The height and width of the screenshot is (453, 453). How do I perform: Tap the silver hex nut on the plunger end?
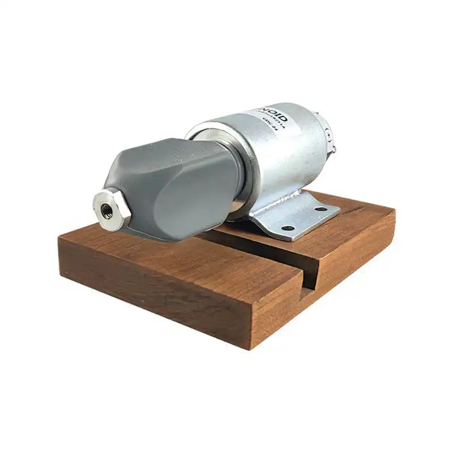tap(112, 209)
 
